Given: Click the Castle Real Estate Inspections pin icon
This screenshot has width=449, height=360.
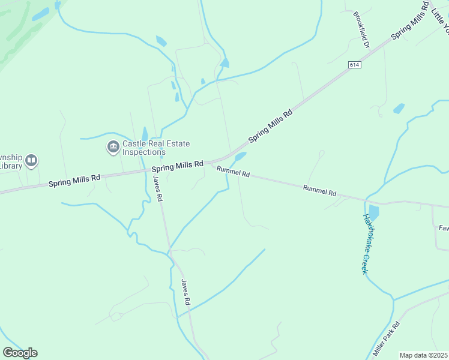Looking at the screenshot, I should point(113,147).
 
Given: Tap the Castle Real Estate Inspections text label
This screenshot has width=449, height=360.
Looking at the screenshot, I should point(156,148).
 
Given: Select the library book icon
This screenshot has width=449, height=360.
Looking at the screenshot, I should point(31,161).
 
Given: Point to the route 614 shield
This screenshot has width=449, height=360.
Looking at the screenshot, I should point(354,63).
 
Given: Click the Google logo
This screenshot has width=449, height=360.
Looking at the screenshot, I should point(20,352).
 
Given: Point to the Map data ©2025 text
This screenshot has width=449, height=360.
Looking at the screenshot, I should point(423,355).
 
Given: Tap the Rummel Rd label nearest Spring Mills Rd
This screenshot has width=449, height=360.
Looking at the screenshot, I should point(233,172).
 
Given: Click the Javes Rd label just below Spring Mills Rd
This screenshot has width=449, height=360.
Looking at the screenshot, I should point(158,188).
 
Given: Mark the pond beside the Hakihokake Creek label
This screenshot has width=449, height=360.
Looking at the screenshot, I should point(373,212).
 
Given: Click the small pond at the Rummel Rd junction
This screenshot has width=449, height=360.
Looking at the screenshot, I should point(240,157).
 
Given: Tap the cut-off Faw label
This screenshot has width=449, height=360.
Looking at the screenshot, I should point(444,228).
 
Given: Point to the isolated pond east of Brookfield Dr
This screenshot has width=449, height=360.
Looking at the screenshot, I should point(399,109).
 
